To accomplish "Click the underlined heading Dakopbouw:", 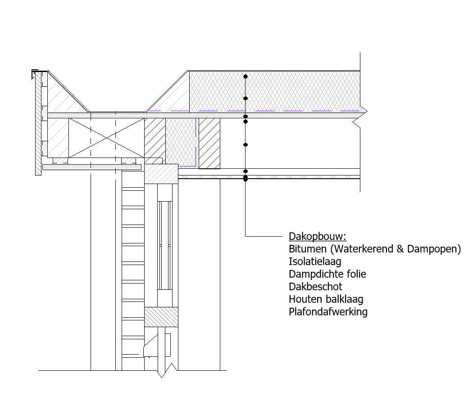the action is pos(317,237).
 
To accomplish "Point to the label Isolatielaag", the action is pos(315,261).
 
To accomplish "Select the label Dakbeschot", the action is pos(315,287).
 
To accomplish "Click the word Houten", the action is pos(306,299).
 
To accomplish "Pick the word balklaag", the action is pos(345,299).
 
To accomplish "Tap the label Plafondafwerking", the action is pos(328,312).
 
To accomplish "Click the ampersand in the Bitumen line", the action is pos(400,249).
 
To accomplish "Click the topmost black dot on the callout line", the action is pos(246,77).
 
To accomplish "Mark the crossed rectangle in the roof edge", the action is pos(106,138).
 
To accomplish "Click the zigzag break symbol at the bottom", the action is pos(167,370).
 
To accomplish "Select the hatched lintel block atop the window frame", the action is pos(161,174).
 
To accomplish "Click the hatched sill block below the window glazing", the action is pos(161,317).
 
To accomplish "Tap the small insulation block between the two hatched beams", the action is pos(181,142).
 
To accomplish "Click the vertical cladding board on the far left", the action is pos(38,124).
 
